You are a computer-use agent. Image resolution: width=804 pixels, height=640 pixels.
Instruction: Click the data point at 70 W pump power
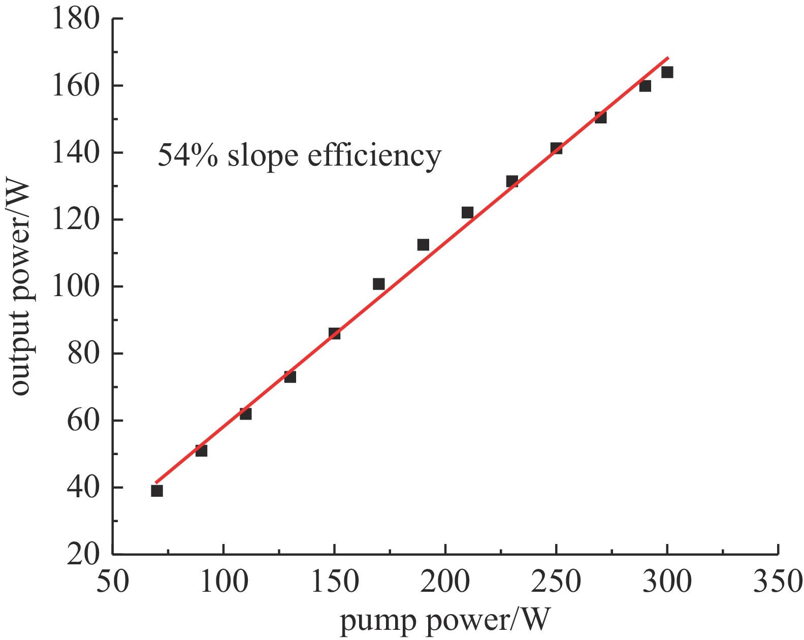click(x=157, y=491)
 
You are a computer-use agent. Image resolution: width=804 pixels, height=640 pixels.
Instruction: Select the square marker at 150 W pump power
click(x=334, y=334)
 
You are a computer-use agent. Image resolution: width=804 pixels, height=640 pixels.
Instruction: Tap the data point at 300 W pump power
click(x=667, y=72)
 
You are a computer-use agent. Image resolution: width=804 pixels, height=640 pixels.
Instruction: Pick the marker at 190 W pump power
click(x=423, y=245)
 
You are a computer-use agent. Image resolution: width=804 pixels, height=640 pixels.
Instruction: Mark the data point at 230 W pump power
click(x=512, y=181)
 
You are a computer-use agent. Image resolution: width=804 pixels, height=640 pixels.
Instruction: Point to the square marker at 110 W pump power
click(x=246, y=414)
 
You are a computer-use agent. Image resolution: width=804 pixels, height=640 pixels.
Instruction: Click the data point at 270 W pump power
click(x=600, y=117)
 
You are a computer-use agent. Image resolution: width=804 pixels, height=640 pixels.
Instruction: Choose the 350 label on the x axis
click(x=778, y=582)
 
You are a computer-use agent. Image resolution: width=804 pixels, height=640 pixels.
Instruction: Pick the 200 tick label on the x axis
click(x=445, y=582)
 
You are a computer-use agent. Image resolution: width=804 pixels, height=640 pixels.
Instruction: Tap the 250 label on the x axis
click(x=556, y=582)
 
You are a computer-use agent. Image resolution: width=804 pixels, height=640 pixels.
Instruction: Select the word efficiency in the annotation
click(x=374, y=156)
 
